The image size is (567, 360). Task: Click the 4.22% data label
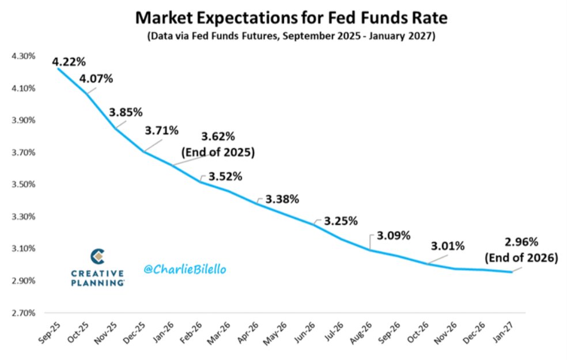pos(69,61)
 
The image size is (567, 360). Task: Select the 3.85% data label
pos(125,112)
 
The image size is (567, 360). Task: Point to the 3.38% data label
pos(282,199)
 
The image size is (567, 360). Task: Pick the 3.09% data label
pos(394,235)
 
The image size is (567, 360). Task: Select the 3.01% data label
pos(448,247)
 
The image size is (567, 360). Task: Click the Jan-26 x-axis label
pos(165,335)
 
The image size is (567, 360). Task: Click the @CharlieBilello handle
pos(186,268)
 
